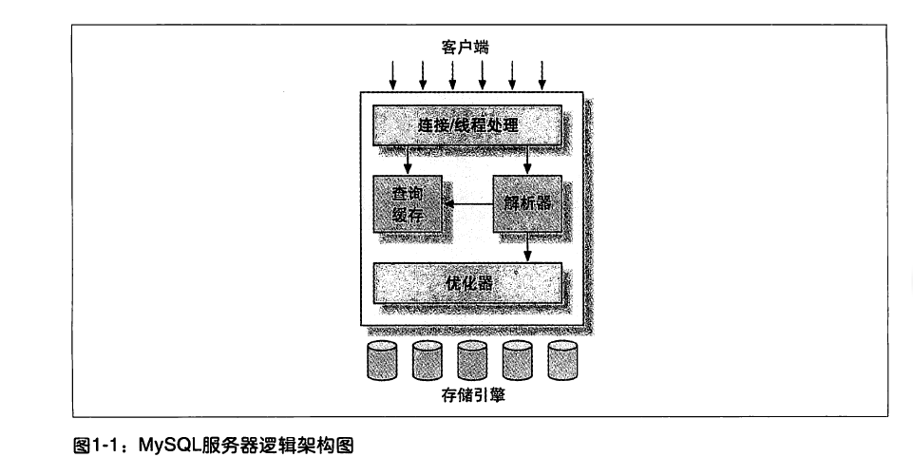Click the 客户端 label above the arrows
[465, 48]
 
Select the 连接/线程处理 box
[467, 124]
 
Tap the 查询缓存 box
[408, 204]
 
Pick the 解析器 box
[527, 204]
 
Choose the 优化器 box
[467, 283]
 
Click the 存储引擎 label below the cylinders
[473, 395]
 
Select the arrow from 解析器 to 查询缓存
[468, 204]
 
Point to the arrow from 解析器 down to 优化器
[527, 248]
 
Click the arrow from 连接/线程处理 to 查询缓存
[408, 161]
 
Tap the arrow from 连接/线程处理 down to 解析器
[527, 161]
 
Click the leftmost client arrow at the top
[393, 76]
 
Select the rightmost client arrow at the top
[542, 76]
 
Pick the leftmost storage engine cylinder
[382, 361]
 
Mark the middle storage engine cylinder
[472, 361]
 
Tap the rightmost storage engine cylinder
[563, 361]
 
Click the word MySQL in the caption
[169, 447]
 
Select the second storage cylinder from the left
[428, 361]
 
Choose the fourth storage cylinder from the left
[518, 361]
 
